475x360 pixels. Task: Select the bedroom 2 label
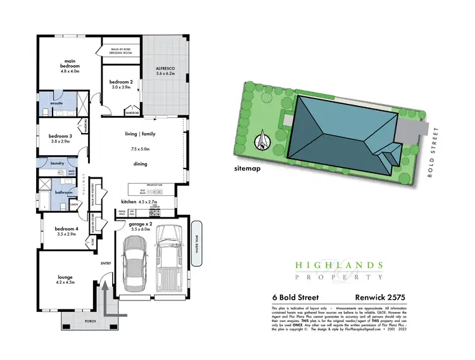(120, 82)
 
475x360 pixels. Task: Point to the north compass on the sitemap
(262, 141)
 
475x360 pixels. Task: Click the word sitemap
(248, 169)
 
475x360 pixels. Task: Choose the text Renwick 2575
(384, 297)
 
